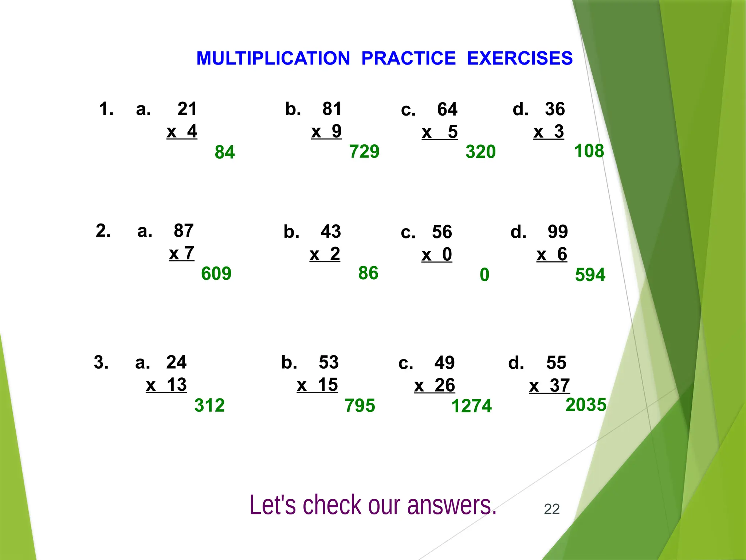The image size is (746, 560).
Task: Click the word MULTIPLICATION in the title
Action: (273, 58)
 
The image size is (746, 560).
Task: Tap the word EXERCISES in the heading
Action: (520, 58)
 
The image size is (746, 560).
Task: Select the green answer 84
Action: (225, 152)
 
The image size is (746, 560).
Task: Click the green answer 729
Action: (364, 151)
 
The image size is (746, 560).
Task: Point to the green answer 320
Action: (481, 152)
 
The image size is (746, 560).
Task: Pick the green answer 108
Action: (589, 151)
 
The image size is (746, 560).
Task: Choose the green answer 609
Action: (216, 273)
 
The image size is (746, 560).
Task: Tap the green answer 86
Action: (368, 273)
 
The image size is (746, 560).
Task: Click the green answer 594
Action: (590, 275)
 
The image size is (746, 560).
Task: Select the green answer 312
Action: (209, 405)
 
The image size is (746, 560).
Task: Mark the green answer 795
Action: (360, 406)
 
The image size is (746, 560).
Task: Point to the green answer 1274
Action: (471, 406)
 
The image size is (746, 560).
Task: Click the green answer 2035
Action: (586, 405)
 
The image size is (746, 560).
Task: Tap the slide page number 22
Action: (551, 509)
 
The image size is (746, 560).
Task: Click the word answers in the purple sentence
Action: (452, 505)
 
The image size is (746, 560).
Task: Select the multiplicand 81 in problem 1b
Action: (332, 109)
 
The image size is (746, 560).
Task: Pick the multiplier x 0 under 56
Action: (437, 254)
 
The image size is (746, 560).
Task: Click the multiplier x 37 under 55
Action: (549, 386)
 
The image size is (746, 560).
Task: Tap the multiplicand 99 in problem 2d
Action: (558, 232)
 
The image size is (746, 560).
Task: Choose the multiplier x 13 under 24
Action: (166, 385)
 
